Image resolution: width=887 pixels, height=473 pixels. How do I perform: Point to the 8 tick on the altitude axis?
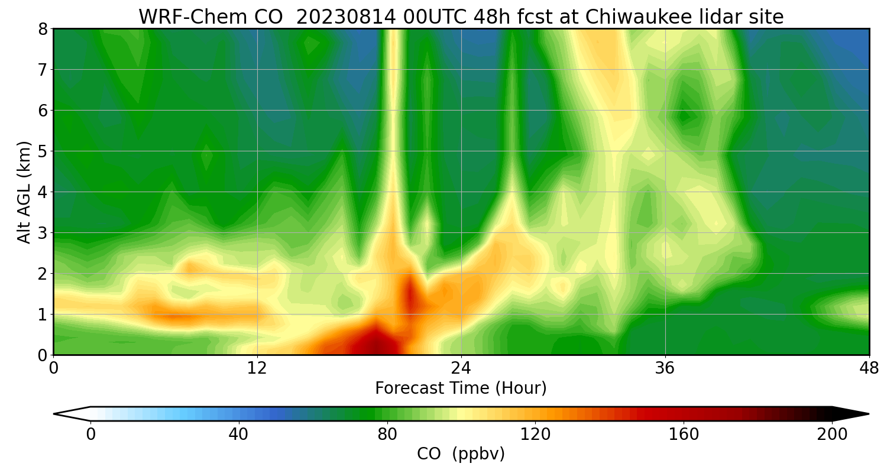[43, 29]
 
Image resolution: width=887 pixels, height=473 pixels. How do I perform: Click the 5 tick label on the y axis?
[43, 151]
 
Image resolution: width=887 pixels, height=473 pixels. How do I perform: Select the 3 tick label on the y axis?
[43, 233]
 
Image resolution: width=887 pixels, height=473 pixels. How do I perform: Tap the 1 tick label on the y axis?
[43, 315]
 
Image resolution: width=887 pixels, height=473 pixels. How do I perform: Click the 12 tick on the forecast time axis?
[257, 368]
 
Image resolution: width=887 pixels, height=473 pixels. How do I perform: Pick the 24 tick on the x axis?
[461, 368]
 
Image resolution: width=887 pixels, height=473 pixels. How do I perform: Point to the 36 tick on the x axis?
[665, 368]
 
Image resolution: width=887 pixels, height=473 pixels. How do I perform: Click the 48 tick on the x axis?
[869, 368]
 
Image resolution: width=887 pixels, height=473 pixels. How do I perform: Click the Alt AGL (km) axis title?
[24, 192]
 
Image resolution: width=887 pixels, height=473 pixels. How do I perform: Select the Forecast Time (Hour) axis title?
[461, 388]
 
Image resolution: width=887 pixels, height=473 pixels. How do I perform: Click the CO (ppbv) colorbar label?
[461, 454]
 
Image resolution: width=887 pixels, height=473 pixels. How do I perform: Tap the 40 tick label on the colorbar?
[238, 435]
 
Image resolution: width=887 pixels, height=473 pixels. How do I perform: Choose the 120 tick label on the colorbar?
[535, 435]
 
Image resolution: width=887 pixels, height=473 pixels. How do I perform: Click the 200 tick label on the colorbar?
[832, 435]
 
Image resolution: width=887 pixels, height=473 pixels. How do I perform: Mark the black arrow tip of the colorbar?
[860, 414]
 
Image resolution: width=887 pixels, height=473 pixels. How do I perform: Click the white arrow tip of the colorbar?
[63, 414]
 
